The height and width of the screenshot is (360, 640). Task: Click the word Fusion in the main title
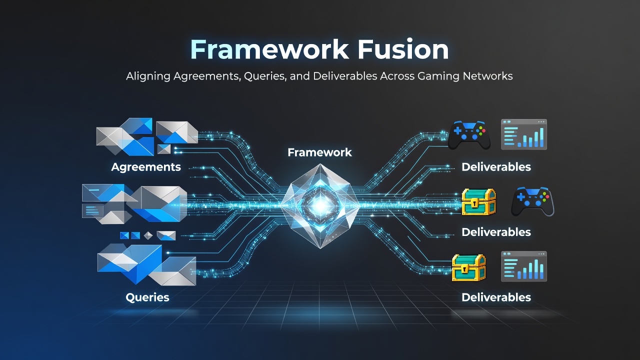tap(403, 49)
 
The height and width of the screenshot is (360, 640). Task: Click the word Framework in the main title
tap(269, 49)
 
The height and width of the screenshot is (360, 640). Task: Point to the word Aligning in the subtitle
tap(148, 76)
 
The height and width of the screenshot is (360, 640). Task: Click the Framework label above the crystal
tap(319, 152)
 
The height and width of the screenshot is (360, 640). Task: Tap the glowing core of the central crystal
tap(320, 205)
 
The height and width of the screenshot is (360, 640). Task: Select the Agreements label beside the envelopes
tap(145, 167)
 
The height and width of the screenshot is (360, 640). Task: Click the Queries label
tap(147, 297)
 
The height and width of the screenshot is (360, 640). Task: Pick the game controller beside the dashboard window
tap(469, 135)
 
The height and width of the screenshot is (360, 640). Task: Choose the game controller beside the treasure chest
tap(532, 201)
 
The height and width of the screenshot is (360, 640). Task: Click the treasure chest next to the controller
tap(478, 201)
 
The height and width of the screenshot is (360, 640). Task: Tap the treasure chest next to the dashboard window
tap(468, 267)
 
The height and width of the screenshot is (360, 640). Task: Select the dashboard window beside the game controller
tap(524, 134)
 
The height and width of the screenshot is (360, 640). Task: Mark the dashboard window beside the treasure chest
tap(524, 266)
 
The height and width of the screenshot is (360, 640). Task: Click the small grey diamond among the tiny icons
tap(148, 235)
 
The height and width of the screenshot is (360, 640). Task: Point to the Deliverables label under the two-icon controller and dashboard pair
tap(496, 167)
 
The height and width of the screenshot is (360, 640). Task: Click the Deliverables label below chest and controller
tap(496, 232)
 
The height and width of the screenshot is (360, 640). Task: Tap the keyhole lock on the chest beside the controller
tap(474, 203)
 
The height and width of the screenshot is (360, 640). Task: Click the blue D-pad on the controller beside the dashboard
tap(457, 131)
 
